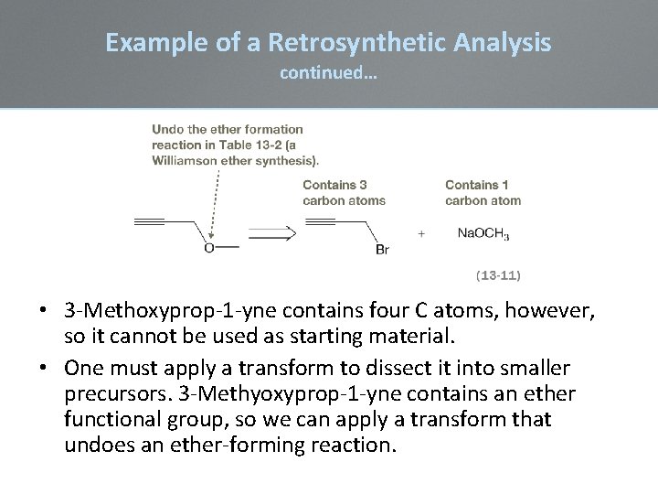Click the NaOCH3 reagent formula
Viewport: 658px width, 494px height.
pyautogui.click(x=483, y=233)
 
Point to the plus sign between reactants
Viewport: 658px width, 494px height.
pyautogui.click(x=421, y=233)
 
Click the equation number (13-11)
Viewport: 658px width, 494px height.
pyautogui.click(x=499, y=273)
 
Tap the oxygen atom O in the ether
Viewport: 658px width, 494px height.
pyautogui.click(x=209, y=247)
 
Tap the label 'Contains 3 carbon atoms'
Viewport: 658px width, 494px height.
pyautogui.click(x=344, y=192)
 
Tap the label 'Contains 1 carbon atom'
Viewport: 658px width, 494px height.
pyautogui.click(x=483, y=192)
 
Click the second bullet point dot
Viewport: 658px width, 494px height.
pyautogui.click(x=45, y=368)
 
